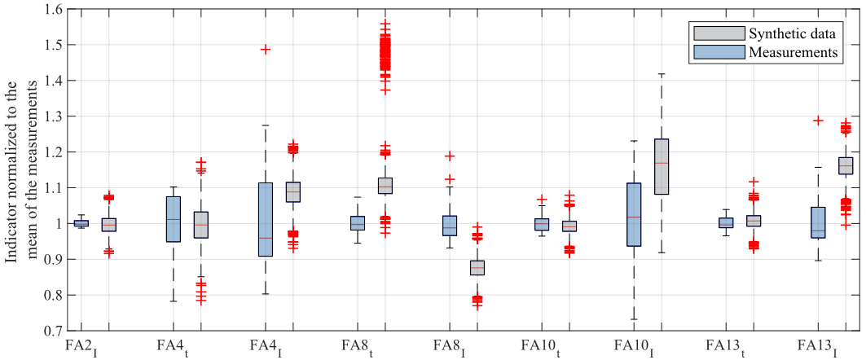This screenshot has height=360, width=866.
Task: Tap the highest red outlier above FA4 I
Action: (x=265, y=49)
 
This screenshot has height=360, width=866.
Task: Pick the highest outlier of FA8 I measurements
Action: (x=449, y=156)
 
